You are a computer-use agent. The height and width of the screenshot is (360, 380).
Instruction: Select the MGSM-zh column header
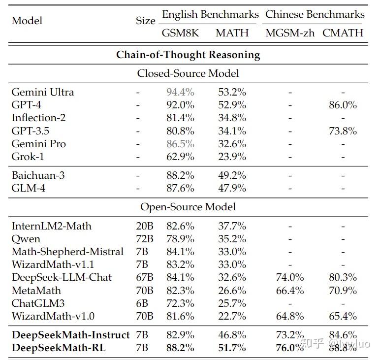[x=290, y=33]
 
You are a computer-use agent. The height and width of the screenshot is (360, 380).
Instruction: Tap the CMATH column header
[x=343, y=33]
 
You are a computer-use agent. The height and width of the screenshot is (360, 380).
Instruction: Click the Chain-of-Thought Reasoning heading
[x=188, y=55]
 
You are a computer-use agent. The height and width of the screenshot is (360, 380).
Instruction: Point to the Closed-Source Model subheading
[x=188, y=73]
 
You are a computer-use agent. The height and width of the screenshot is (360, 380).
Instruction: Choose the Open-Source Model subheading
[x=188, y=207]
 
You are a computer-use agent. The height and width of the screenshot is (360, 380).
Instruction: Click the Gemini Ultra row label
[x=43, y=92]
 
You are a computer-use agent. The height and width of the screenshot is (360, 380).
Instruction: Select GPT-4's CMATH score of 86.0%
[x=343, y=105]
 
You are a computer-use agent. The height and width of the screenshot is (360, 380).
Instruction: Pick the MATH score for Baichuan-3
[x=232, y=175]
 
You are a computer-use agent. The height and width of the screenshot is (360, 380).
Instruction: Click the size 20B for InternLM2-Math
[x=145, y=226]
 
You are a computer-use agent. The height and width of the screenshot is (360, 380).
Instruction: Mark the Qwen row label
[x=26, y=239]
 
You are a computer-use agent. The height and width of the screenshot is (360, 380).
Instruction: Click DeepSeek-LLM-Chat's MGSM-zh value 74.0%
[x=290, y=277]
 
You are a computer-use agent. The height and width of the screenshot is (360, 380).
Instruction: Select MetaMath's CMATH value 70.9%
[x=343, y=290]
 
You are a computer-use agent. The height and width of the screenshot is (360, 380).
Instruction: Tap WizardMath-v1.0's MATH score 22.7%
[x=232, y=316]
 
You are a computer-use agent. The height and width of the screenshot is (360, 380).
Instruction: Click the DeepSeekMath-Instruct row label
[x=70, y=335]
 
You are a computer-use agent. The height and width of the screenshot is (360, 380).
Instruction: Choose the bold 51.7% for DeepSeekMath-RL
[x=232, y=348]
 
